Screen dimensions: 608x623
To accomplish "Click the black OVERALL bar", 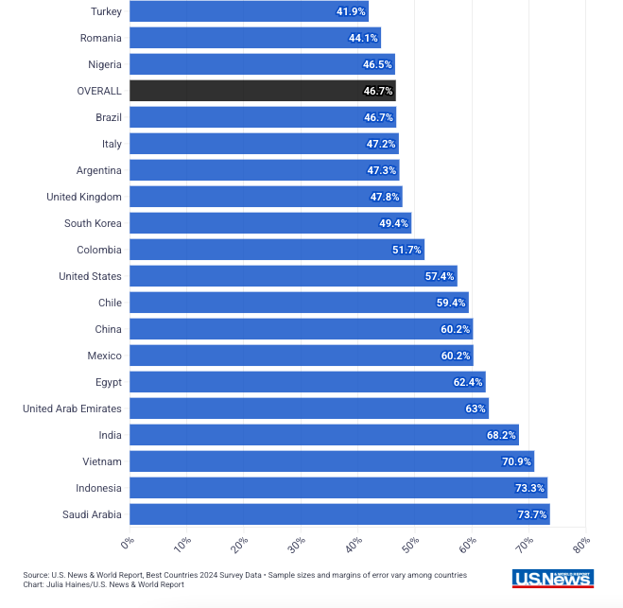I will tap(262, 91).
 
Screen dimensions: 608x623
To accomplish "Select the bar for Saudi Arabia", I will tap(338, 514).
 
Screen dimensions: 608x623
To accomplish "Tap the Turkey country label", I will tap(106, 11).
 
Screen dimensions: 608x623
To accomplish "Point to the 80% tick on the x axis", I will tap(581, 546).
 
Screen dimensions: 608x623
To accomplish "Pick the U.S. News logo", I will tap(553, 579).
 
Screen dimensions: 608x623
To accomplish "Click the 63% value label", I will tap(475, 408).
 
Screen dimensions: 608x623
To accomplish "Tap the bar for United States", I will tap(293, 276).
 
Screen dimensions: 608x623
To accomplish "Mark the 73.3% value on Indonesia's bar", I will tap(530, 488).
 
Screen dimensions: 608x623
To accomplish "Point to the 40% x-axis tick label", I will tap(354, 546).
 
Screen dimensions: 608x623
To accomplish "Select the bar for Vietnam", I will tap(331, 461).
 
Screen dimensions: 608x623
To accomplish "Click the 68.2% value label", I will tap(501, 435).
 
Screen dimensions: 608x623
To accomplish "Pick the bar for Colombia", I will tap(276, 250).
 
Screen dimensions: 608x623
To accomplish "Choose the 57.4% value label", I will tap(440, 276).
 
